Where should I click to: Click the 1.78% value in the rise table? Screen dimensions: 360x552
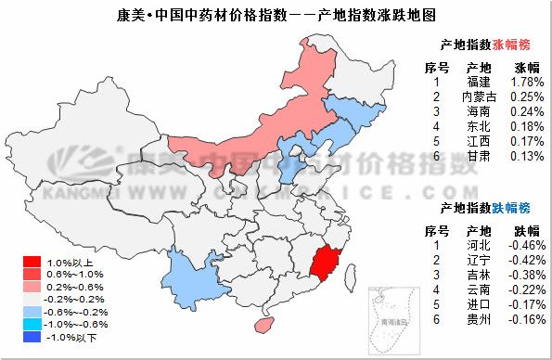pyautogui.click(x=526, y=82)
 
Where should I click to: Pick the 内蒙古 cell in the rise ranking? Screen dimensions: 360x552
pyautogui.click(x=479, y=96)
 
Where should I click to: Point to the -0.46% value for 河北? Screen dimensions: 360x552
pyautogui.click(x=526, y=245)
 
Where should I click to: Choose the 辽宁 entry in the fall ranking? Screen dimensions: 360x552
pyautogui.click(x=479, y=260)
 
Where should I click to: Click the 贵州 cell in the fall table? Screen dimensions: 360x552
pyautogui.click(x=479, y=319)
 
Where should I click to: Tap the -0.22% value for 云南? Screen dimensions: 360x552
pyautogui.click(x=526, y=289)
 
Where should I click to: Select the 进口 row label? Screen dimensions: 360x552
pyautogui.click(x=479, y=304)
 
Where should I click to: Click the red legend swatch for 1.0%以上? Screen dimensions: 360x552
pyautogui.click(x=28, y=263)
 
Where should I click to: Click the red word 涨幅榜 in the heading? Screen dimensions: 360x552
pyautogui.click(x=514, y=44)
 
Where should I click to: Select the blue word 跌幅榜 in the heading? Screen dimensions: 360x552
pyautogui.click(x=514, y=206)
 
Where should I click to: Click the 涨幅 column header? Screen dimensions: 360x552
pyautogui.click(x=526, y=67)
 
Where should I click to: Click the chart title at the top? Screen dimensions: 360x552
pyautogui.click(x=276, y=15)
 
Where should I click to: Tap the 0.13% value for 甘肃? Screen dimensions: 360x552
pyautogui.click(x=526, y=156)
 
